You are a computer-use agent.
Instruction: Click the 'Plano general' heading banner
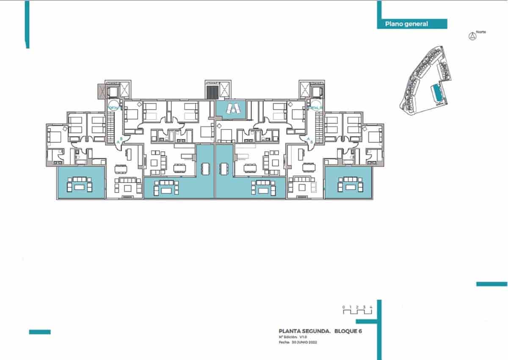[x=411, y=24]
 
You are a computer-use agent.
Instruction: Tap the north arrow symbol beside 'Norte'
[x=471, y=36]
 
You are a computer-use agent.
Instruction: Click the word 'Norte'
[x=480, y=32]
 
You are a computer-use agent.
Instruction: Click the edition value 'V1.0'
[x=303, y=337]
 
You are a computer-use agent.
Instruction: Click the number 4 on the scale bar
[x=371, y=306]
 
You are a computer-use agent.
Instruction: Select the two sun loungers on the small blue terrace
[x=232, y=109]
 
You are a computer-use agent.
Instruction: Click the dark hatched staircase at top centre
[x=211, y=92]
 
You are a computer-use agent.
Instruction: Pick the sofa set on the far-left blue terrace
[x=80, y=185]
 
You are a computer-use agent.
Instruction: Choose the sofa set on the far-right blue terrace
[x=349, y=184]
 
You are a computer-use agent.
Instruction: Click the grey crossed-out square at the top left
[x=101, y=91]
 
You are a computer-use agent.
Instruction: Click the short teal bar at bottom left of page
[x=40, y=332]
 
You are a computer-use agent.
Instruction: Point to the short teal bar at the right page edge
[x=491, y=284]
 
